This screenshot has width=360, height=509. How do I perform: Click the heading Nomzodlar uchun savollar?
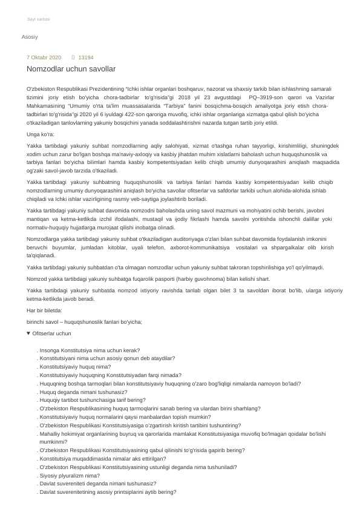tap(71, 70)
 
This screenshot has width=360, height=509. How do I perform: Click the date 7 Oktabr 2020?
tap(44, 57)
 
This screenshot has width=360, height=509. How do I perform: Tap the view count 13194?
tap(86, 57)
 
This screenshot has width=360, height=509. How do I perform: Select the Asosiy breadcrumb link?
tap(30, 37)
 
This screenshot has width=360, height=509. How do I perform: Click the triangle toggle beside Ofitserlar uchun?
tap(28, 333)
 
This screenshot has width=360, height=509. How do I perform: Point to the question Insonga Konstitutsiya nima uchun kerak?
tap(90, 350)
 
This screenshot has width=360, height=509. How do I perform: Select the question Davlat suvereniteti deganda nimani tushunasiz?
tap(97, 484)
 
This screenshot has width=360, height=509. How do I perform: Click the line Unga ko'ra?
tap(41, 134)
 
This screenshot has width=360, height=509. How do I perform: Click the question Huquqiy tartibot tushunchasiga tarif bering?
tap(92, 400)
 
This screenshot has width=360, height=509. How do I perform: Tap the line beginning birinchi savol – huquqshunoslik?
tap(84, 321)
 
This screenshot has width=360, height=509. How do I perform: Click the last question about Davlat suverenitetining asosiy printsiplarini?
tap(108, 492)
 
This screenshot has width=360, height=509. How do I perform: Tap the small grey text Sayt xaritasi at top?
tap(39, 19)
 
